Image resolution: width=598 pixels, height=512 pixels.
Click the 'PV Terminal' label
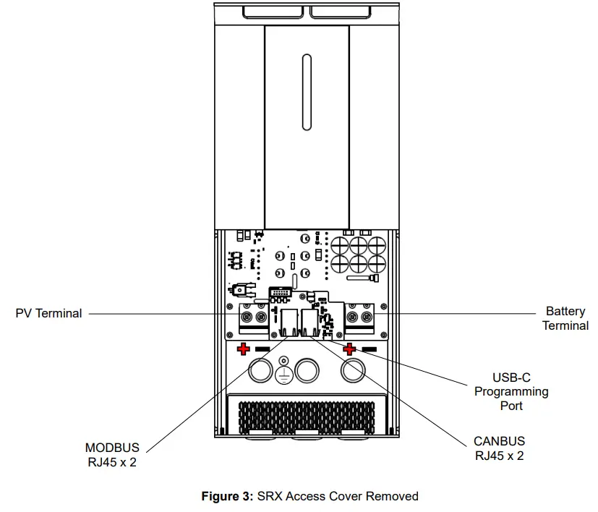[48, 314]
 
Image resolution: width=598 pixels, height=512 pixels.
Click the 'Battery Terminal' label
[565, 318]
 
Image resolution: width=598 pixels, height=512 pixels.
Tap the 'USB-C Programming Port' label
[511, 391]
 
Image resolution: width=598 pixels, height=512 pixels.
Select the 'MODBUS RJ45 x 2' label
[111, 455]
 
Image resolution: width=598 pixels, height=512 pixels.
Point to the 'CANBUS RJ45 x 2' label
[499, 448]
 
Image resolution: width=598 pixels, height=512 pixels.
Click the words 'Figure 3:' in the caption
[226, 496]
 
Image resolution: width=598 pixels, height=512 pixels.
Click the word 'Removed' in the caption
[392, 496]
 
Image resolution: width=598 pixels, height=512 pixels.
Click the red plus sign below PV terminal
[244, 349]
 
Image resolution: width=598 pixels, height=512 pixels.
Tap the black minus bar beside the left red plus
[262, 349]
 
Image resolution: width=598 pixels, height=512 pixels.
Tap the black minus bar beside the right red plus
[370, 349]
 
